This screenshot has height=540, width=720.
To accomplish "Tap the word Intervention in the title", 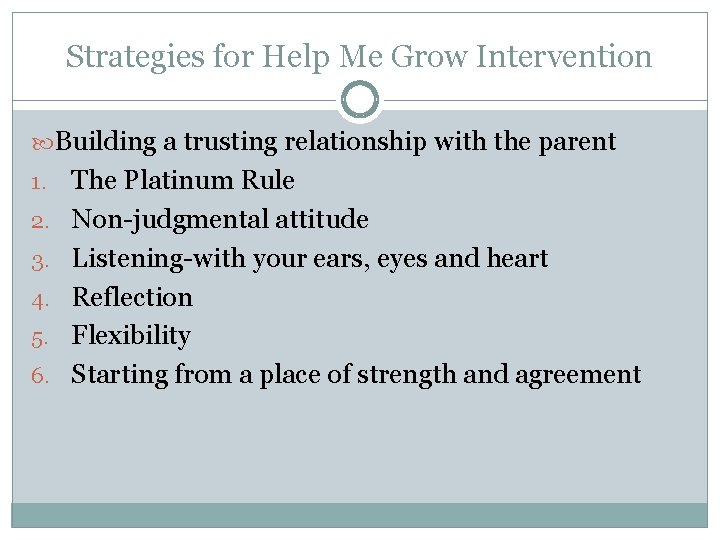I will tap(564, 57).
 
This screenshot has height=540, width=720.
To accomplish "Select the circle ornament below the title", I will tap(360, 100).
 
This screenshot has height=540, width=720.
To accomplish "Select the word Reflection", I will tap(132, 297).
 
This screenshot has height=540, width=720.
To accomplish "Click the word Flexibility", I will tap(131, 336).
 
